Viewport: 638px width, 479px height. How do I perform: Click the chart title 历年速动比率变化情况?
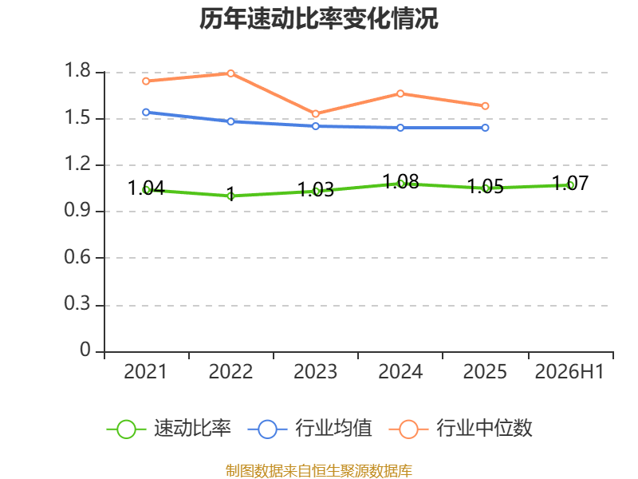[318, 18]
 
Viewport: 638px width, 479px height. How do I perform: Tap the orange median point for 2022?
[230, 73]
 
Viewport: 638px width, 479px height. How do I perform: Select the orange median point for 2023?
[315, 113]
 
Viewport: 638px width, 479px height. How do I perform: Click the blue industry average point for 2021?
[146, 112]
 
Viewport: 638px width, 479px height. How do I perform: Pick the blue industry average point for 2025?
[485, 128]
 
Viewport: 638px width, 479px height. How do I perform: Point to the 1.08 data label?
[401, 181]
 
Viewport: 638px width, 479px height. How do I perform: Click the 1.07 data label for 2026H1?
[570, 184]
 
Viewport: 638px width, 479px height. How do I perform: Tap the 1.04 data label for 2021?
[146, 188]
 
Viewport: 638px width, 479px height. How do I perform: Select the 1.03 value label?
[315, 189]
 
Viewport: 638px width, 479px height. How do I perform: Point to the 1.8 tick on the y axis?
[77, 70]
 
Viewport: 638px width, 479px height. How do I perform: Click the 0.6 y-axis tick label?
[77, 257]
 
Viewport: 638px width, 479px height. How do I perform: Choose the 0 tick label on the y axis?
[85, 350]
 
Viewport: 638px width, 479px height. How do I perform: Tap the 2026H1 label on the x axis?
[569, 371]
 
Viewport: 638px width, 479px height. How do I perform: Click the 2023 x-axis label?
[315, 371]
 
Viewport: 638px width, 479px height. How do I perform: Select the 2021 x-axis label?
[145, 371]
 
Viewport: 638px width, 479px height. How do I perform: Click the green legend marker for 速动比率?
[126, 430]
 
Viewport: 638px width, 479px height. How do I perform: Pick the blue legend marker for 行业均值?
[267, 430]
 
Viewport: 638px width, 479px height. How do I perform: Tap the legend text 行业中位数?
[484, 428]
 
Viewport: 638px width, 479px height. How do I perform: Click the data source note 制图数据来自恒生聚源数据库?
[318, 471]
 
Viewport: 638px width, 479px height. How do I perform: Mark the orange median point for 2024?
[400, 93]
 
